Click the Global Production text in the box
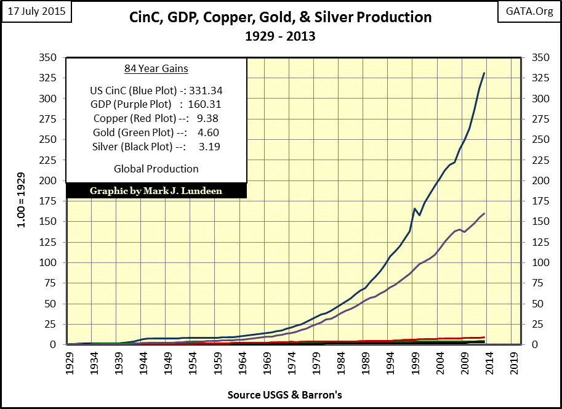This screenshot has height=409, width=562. [156, 169]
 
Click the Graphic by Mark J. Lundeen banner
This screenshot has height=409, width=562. [156, 191]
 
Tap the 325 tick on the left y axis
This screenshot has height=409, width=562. [47, 78]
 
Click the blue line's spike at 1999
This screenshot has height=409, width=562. [414, 208]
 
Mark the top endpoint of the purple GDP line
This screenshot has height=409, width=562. [484, 213]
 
